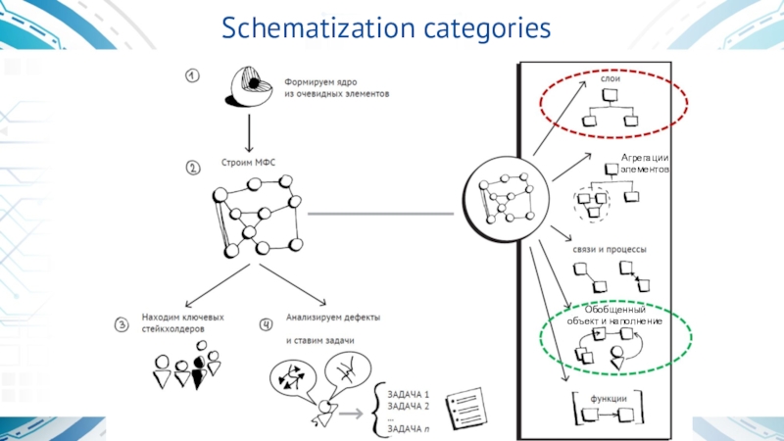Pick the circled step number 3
coord(122,324)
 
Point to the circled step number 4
coord(266,323)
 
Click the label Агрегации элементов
coord(644,164)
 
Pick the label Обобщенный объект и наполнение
coord(614,316)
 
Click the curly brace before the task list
coord(373,411)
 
